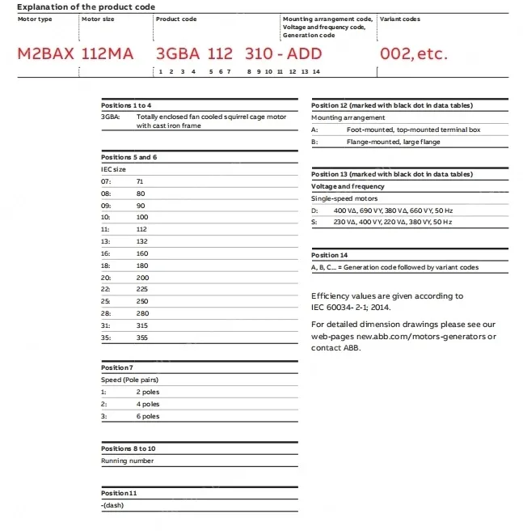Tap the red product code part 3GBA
coord(177,54)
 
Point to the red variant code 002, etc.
coord(413,54)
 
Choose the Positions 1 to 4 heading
coord(126,105)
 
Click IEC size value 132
coord(142,240)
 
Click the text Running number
coord(127,461)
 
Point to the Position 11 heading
coord(119,493)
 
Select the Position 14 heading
coord(330,255)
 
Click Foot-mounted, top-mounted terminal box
coord(412,130)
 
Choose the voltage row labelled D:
coord(314,210)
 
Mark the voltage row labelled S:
coord(314,222)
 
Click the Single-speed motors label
coord(344,198)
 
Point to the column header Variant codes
coord(400,19)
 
